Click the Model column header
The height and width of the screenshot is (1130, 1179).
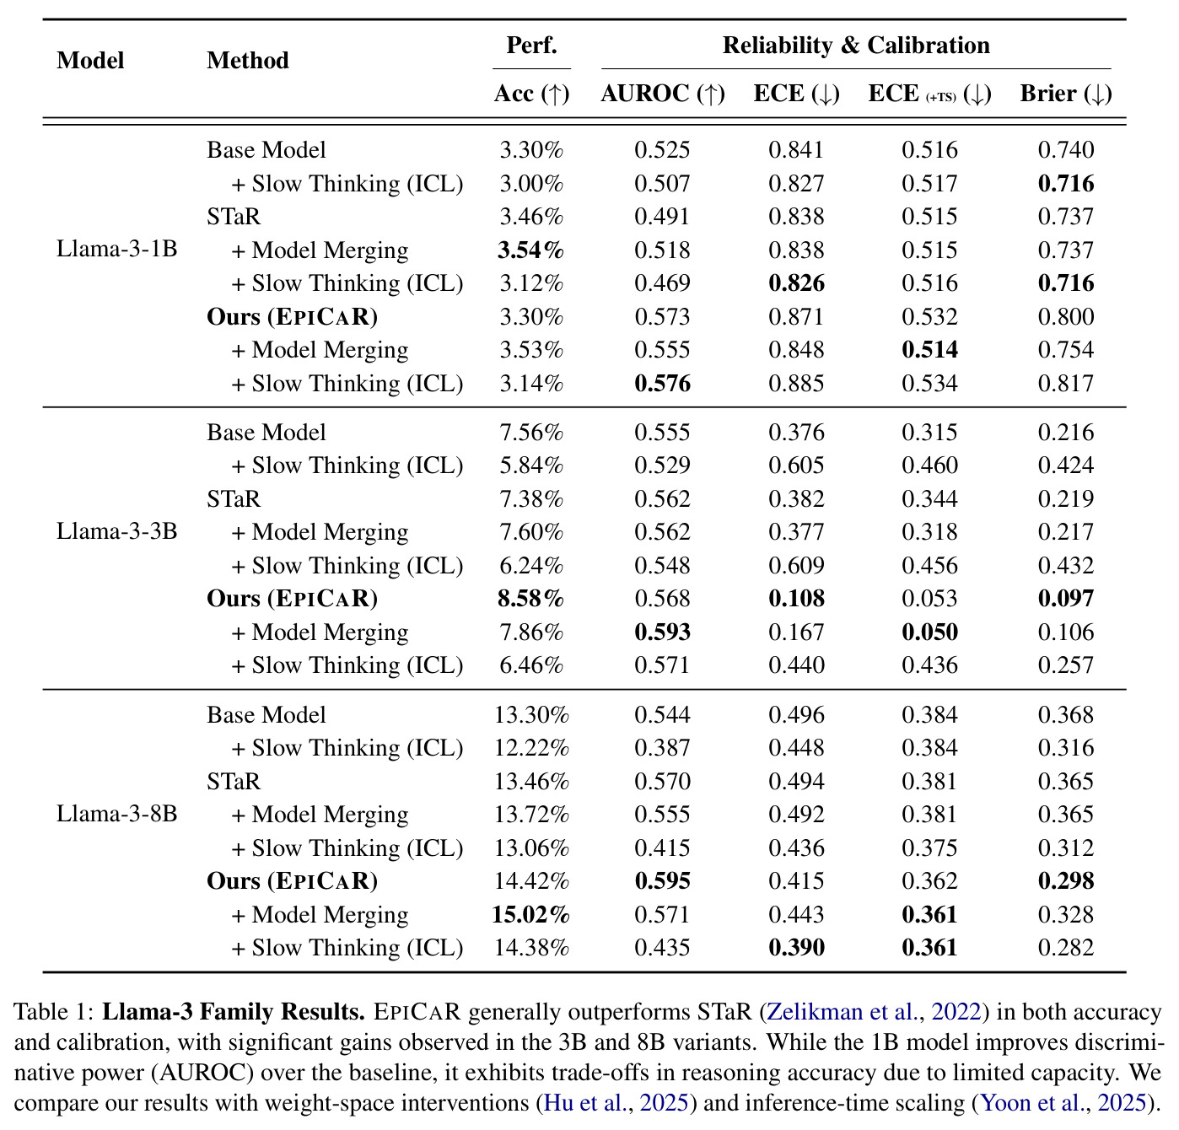[90, 61]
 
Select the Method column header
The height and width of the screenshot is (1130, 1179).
[247, 61]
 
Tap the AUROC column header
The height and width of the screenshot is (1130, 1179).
[663, 94]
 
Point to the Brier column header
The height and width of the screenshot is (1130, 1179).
[1066, 94]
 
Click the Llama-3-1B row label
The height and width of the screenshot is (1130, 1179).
[116, 249]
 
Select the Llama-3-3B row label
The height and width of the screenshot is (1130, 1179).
[116, 531]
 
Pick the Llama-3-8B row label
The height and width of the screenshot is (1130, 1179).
[116, 814]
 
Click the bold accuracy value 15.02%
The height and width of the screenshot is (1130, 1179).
[531, 914]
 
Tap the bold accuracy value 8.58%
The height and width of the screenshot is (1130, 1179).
[531, 599]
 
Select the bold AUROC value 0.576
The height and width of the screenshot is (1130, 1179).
[662, 384]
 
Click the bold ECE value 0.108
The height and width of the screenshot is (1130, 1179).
[796, 599]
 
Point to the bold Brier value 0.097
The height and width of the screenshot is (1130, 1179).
[1066, 599]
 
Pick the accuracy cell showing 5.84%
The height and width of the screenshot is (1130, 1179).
[531, 465]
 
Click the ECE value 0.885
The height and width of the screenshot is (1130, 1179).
[796, 384]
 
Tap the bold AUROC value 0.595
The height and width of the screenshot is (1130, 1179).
[662, 881]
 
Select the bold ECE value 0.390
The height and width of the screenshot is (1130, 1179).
[796, 948]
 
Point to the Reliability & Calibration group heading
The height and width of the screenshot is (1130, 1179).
[856, 46]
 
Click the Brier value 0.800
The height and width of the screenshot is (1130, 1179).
[1066, 317]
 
